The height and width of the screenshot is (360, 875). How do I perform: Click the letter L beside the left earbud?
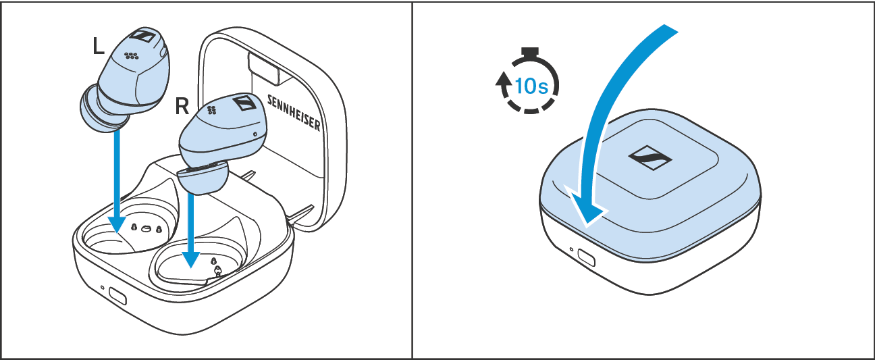pos(99,46)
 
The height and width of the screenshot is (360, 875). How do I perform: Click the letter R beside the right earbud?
pos(182,106)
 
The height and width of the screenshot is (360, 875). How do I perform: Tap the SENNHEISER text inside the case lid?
pos(294,113)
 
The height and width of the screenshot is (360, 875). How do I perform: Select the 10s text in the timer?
pos(531,86)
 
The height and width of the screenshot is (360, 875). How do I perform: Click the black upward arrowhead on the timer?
pos(504,78)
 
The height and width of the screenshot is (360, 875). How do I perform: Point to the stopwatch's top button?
pos(530,52)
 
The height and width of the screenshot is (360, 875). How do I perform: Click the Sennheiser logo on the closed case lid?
pos(650,158)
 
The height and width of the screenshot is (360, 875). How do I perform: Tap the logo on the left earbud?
pos(144,35)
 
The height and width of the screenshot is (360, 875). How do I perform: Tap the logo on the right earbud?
pos(245,103)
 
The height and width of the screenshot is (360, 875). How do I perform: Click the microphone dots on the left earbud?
pos(132,56)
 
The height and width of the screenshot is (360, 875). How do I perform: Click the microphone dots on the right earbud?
pos(212,110)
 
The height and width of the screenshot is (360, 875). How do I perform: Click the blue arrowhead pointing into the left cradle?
pos(117,224)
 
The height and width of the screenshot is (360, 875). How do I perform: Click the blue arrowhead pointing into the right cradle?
pos(191,259)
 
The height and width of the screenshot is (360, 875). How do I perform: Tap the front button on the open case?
pos(117,296)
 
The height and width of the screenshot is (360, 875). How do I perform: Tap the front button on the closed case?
pos(586,257)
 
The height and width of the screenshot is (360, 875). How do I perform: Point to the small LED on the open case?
pos(103,287)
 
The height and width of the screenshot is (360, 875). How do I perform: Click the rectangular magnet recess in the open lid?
pos(265,68)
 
